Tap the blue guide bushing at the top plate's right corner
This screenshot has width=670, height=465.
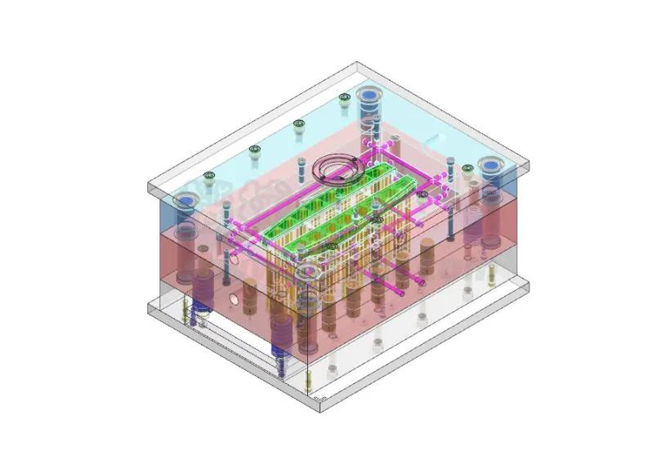tap(491, 166)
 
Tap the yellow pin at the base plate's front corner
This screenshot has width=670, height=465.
tap(307, 378)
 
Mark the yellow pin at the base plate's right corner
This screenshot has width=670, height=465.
tap(492, 275)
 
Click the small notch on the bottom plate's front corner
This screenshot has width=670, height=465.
tap(324, 400)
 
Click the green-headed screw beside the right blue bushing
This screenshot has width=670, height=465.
tap(467, 168)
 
